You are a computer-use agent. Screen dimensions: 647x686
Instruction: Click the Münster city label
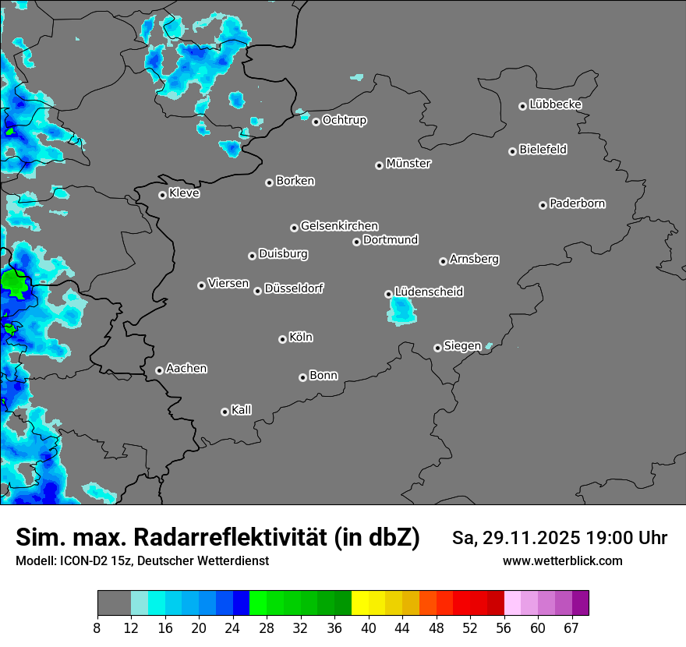click(408, 164)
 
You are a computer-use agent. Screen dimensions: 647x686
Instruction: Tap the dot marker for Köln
click(282, 339)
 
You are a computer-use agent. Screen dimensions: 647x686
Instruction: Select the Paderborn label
click(578, 203)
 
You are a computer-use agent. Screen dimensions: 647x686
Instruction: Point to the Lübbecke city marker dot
click(523, 106)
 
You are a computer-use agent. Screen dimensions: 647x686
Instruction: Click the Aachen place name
click(186, 369)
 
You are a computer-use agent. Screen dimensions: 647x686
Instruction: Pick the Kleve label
click(184, 193)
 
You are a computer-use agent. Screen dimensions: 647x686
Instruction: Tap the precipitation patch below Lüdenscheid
click(402, 312)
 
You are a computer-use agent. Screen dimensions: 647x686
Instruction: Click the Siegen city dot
click(437, 348)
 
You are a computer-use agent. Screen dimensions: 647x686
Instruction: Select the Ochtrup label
click(345, 120)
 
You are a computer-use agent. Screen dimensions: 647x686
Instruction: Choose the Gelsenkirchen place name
click(339, 226)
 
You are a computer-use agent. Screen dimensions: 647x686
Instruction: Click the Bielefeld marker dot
click(512, 151)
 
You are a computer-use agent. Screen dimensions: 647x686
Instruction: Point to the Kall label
click(242, 410)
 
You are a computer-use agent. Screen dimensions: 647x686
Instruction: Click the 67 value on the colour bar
click(571, 628)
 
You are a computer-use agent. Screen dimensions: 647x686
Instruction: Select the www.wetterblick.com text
click(562, 560)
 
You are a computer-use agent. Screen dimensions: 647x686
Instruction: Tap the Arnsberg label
click(474, 259)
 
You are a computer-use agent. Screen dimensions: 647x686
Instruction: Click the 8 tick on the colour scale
click(97, 628)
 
